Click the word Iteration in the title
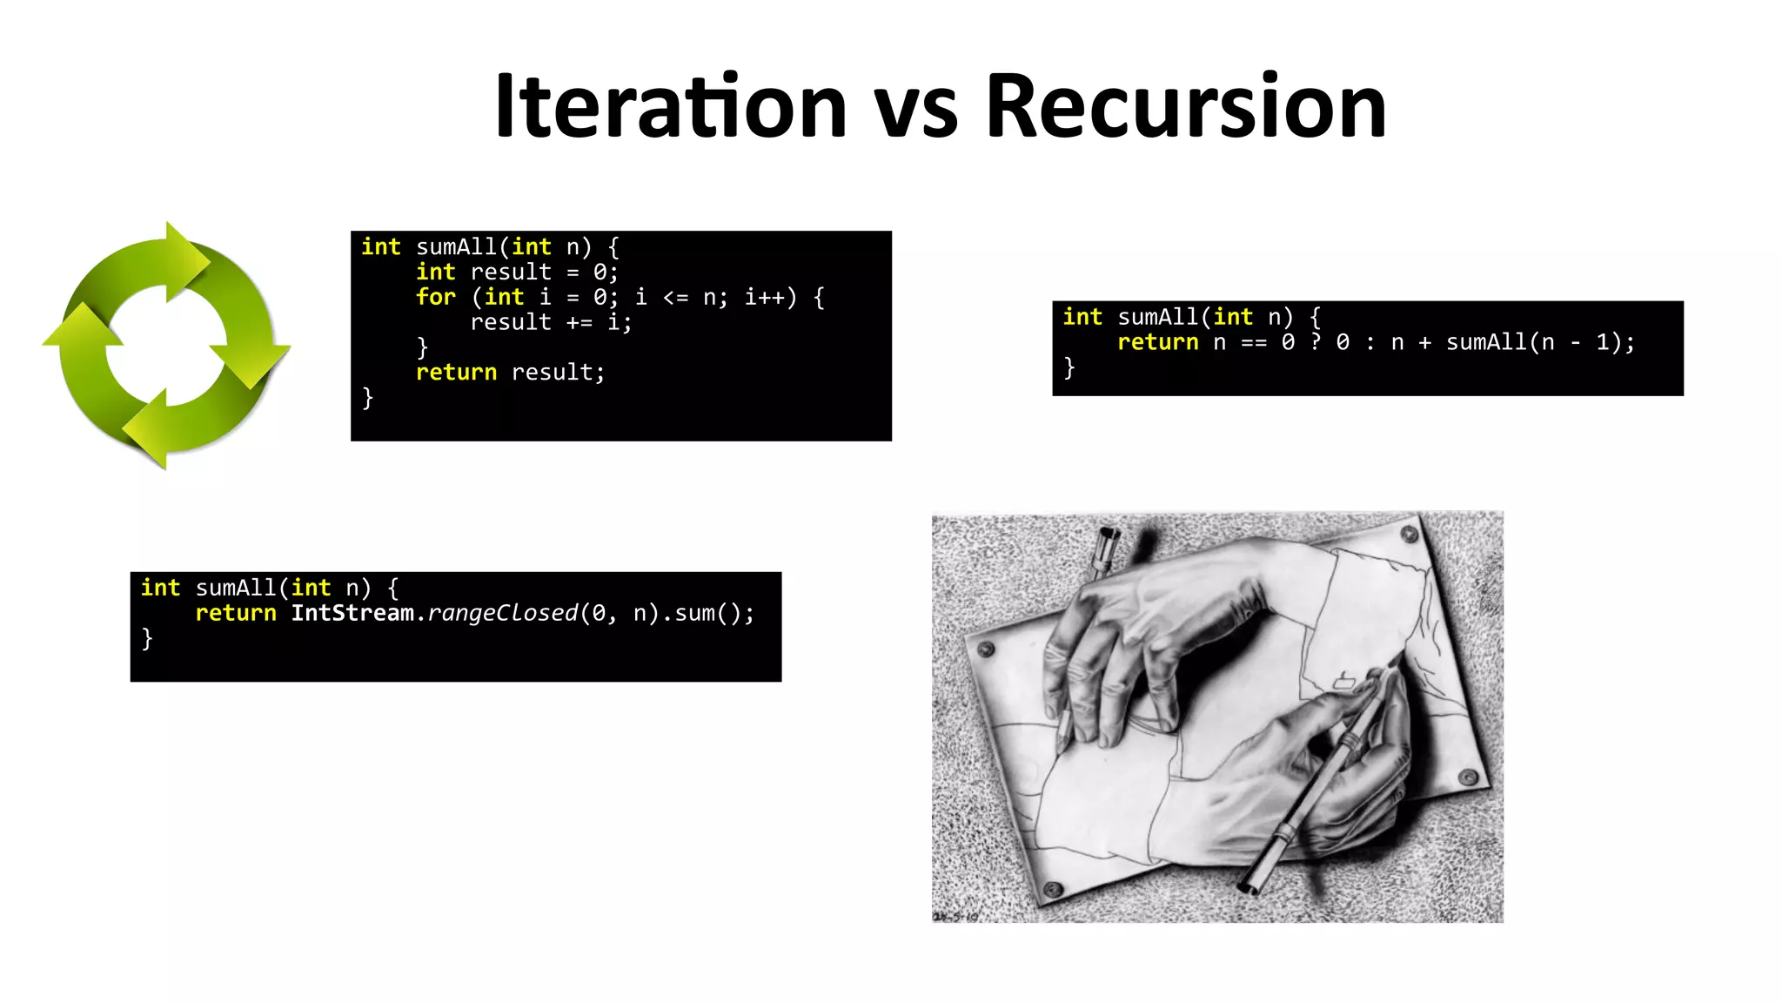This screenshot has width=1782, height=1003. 670,106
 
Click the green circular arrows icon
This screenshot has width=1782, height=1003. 166,346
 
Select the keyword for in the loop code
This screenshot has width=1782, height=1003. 435,297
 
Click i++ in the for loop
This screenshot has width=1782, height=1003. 770,297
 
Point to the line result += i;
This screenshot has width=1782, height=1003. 551,322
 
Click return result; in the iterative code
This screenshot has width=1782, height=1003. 510,373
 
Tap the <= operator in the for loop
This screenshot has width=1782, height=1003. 675,298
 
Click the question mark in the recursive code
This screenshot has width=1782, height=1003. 1316,342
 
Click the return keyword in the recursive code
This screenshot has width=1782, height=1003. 1157,342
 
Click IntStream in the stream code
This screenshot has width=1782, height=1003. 352,613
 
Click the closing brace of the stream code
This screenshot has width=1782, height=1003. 147,638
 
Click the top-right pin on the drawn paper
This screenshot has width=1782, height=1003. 1409,533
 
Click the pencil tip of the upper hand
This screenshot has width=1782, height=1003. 1063,747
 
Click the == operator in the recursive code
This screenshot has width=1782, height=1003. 1253,342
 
